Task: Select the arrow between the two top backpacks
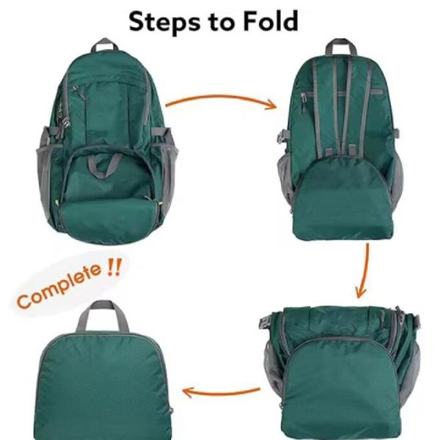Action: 220,99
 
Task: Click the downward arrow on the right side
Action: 363,271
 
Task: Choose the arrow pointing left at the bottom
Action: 220,391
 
